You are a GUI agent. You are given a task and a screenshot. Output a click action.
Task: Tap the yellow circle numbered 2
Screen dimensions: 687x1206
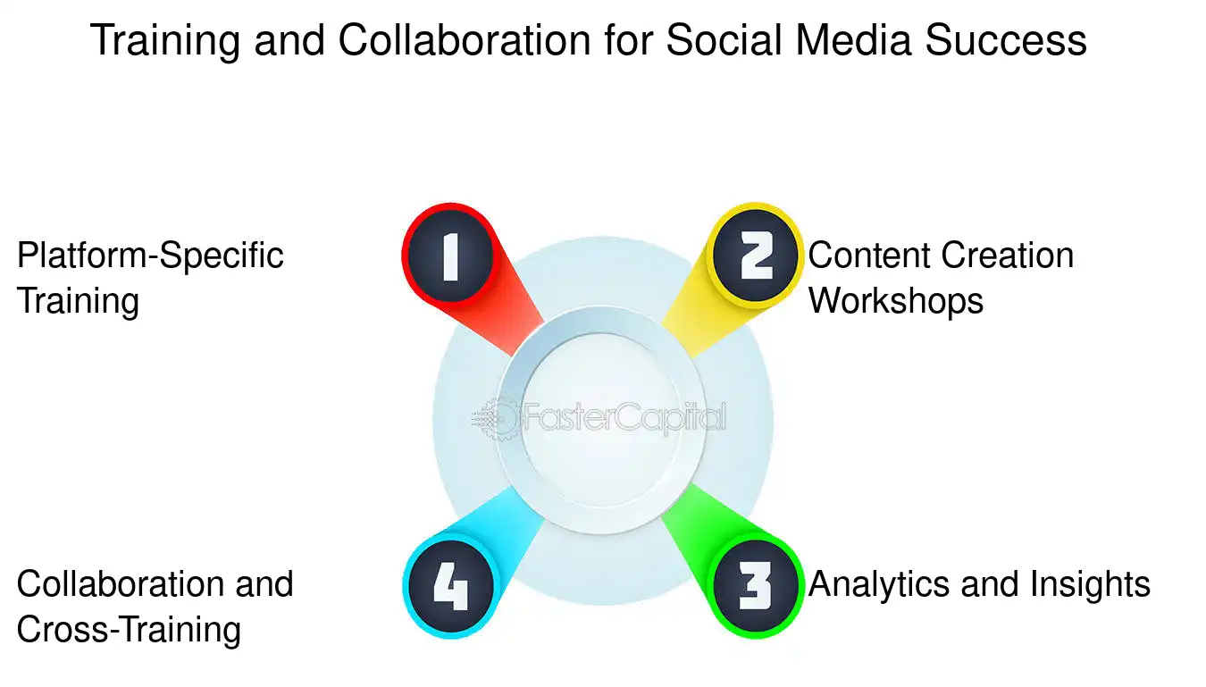[x=756, y=256]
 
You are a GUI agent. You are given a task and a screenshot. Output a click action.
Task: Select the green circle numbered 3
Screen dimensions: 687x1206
[x=756, y=586]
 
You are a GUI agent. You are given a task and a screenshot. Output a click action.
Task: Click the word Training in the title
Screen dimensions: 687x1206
[x=165, y=41]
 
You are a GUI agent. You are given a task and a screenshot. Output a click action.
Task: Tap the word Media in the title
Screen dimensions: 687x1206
[x=846, y=41]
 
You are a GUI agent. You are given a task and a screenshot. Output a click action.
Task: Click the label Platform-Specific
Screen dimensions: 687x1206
[x=150, y=256]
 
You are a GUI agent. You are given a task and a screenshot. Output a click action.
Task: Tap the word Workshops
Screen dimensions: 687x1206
[x=896, y=301]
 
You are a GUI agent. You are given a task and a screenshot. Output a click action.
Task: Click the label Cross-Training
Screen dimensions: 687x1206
[x=129, y=631]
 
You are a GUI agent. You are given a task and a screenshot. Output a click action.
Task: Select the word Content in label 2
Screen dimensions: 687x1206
[x=866, y=256]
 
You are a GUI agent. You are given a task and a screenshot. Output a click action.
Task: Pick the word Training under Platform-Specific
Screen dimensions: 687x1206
[x=78, y=301]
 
